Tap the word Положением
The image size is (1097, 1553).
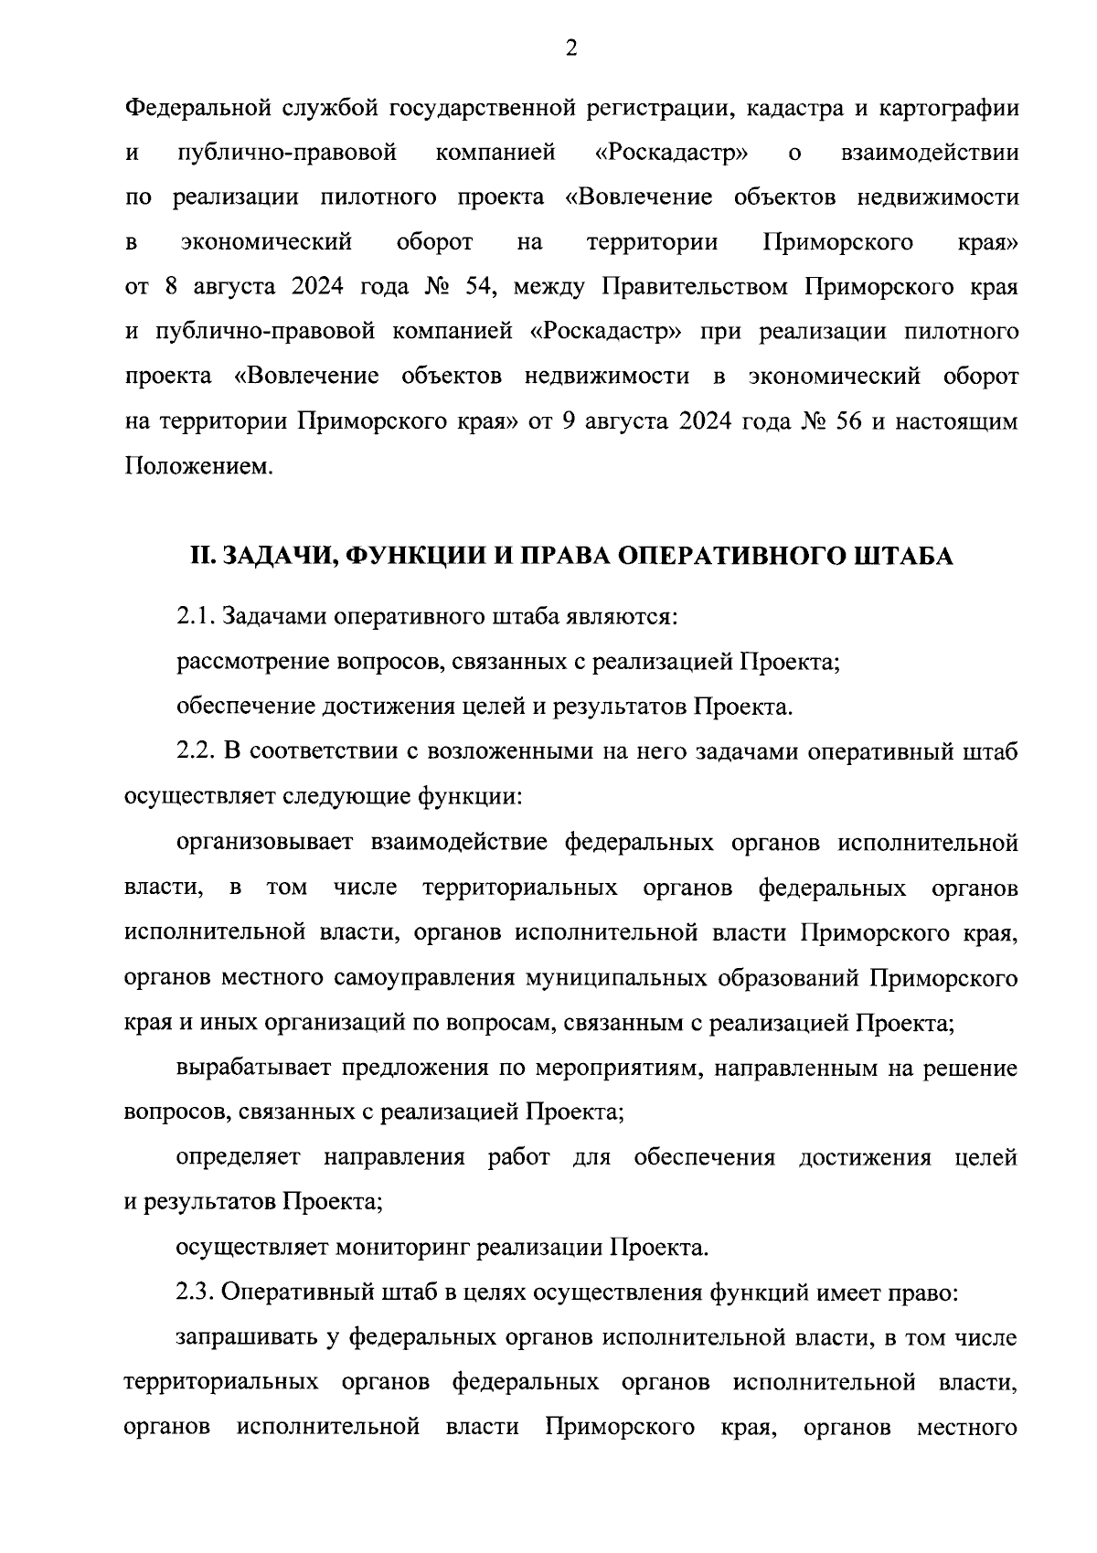(x=198, y=467)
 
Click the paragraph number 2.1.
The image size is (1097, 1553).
(x=196, y=617)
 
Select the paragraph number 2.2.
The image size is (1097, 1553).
(x=196, y=751)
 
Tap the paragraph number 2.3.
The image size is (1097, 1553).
(x=196, y=1293)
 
